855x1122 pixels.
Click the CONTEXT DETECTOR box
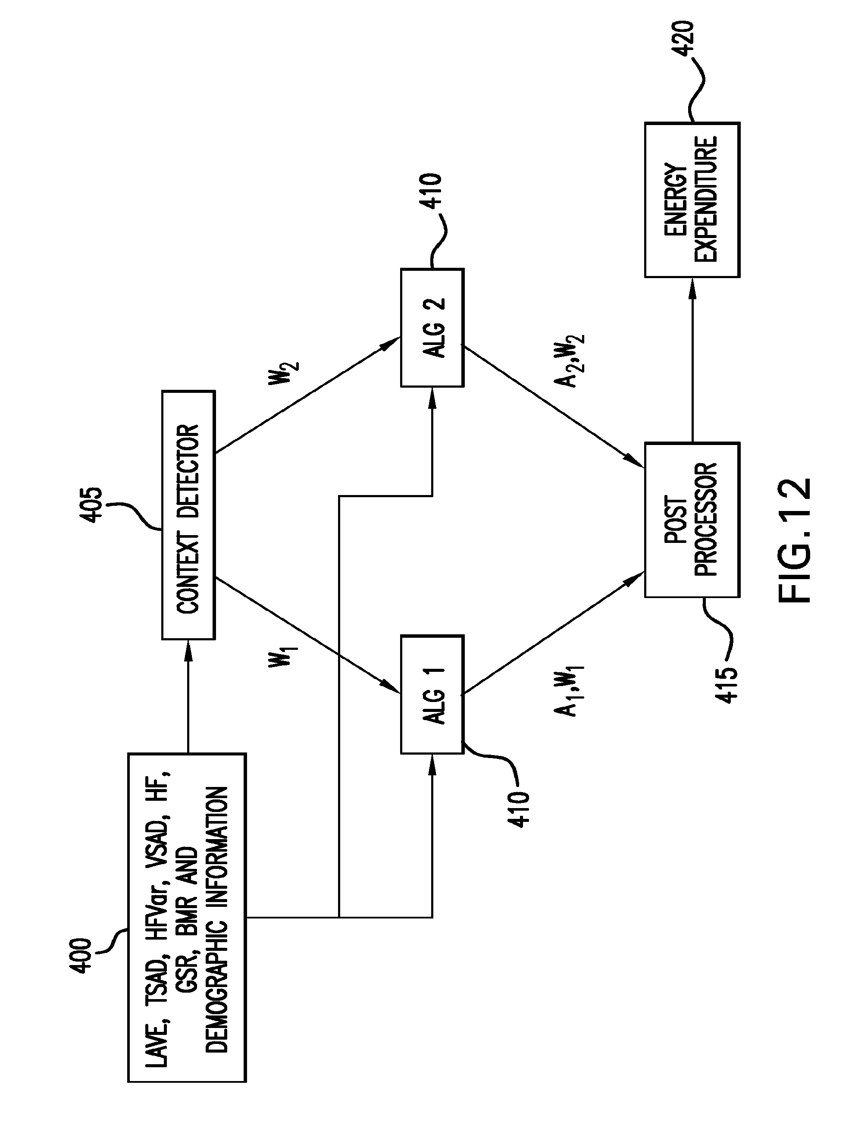coord(188,514)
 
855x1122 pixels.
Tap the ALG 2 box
coord(432,328)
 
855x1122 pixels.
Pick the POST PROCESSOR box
coord(692,520)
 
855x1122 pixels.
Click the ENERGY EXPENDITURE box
coord(692,200)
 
